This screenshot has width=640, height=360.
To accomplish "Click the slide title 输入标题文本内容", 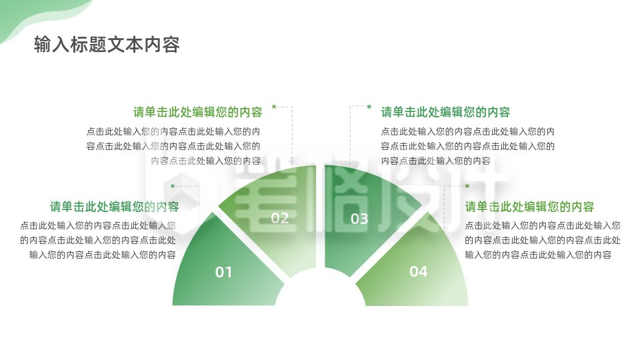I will click(x=107, y=45).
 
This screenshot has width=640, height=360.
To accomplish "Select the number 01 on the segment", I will click(x=224, y=272).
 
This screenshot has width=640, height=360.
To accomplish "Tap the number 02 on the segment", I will click(x=280, y=218).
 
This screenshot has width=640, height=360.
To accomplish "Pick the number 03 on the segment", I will click(x=359, y=219).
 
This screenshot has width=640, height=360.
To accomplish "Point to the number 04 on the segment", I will click(x=418, y=271).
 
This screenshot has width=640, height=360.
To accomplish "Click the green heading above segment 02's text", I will click(x=197, y=112).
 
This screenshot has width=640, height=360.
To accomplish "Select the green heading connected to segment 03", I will click(x=445, y=112).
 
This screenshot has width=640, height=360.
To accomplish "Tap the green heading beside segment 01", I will click(x=114, y=207).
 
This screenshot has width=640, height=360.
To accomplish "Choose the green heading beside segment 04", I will click(x=529, y=207).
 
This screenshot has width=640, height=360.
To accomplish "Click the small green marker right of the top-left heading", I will click(x=273, y=107).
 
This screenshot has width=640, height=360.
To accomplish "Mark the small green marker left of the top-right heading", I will click(x=369, y=107).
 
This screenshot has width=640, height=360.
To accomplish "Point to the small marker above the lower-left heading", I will click(x=173, y=186).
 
